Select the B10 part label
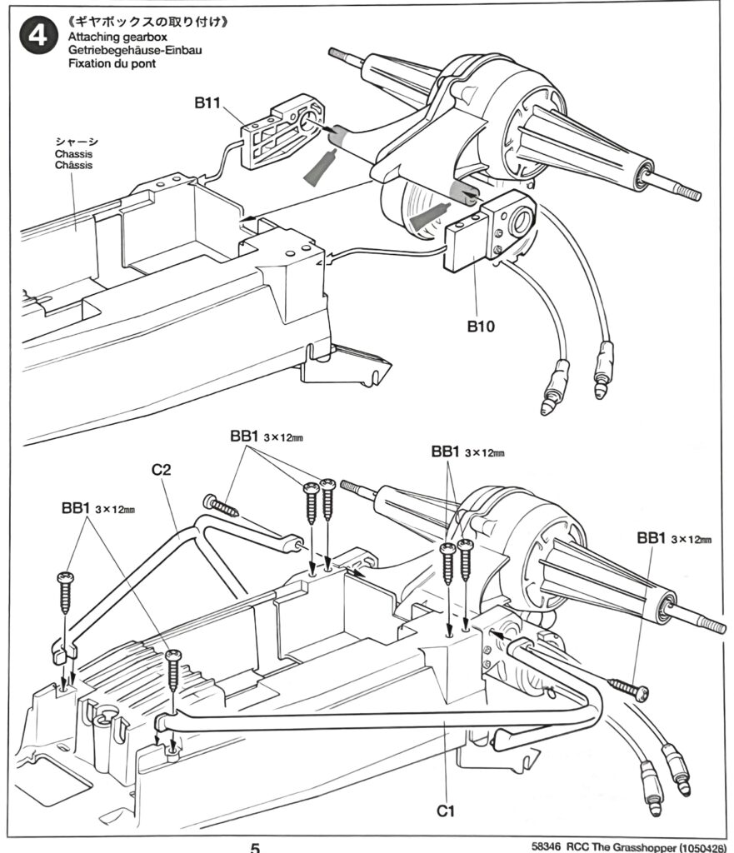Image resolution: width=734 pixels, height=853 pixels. coord(480,327)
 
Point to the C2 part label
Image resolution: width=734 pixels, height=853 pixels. coord(162,470)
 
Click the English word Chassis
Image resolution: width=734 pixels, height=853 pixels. coord(73,154)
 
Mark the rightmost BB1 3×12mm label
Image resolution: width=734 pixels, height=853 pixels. coord(673,539)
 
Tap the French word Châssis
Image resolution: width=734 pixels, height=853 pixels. coord(73,165)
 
